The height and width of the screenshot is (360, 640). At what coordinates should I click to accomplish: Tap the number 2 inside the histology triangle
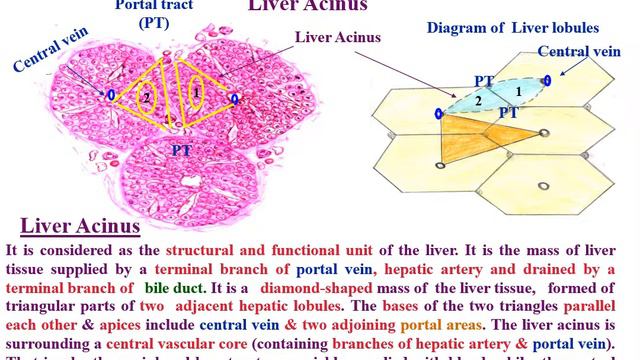[x=146, y=97]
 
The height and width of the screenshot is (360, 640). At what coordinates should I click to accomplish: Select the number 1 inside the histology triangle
[x=198, y=92]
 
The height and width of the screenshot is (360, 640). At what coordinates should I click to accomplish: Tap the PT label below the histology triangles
[x=183, y=149]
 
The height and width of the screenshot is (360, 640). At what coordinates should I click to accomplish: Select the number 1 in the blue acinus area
[x=517, y=92]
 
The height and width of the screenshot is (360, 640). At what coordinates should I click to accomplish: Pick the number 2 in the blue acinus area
[x=477, y=101]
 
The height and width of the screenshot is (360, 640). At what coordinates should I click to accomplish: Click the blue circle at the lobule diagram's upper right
[x=547, y=80]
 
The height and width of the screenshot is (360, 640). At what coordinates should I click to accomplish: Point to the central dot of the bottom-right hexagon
[x=543, y=186]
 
